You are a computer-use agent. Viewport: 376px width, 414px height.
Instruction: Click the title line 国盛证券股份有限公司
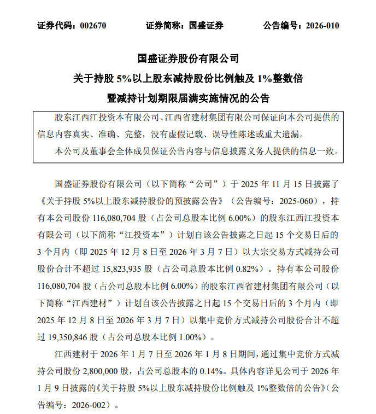point(188,59)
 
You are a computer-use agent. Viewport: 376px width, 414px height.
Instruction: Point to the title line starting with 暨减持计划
point(188,99)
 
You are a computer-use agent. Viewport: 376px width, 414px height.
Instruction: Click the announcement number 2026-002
point(88,406)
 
